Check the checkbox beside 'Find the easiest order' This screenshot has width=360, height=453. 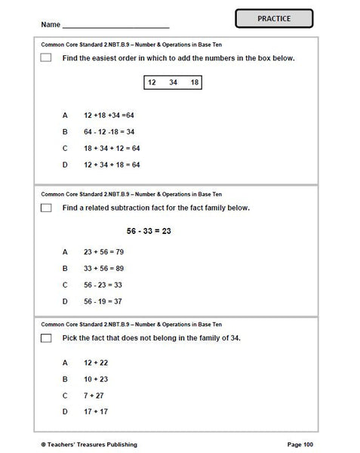pos(47,58)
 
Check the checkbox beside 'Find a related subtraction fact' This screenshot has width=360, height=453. pos(47,208)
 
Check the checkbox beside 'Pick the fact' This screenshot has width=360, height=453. pos(47,337)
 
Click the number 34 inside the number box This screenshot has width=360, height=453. pos(174,82)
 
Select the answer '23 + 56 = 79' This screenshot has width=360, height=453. pos(103,251)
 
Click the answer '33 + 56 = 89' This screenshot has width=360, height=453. pos(103,268)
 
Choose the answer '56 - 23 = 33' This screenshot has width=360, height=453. pos(103,285)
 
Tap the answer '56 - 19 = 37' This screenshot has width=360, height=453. pos(103,301)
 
